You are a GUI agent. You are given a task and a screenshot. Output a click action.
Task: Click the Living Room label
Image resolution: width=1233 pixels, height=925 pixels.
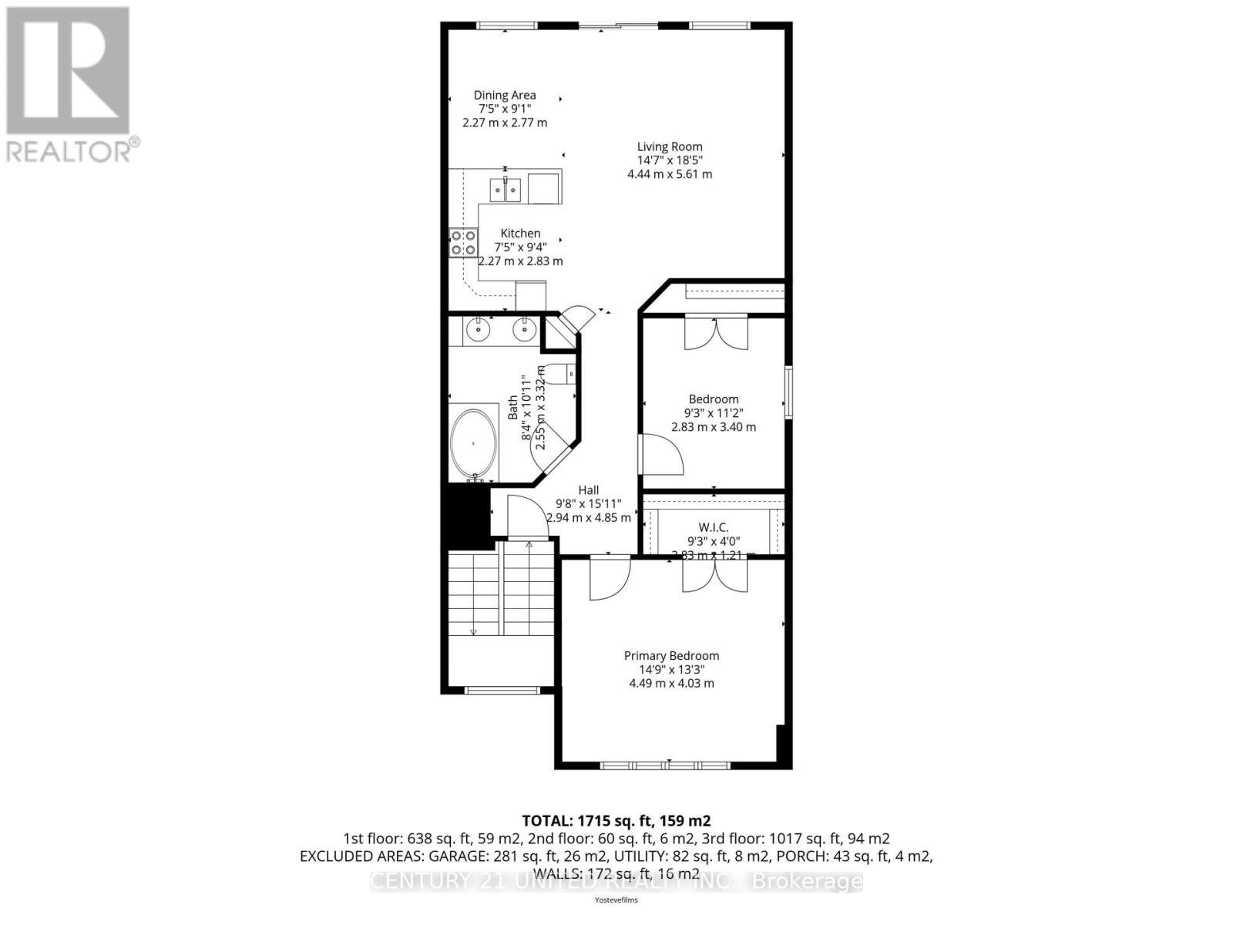click(x=669, y=146)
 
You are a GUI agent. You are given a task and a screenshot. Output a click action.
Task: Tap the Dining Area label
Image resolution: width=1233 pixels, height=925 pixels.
click(x=505, y=96)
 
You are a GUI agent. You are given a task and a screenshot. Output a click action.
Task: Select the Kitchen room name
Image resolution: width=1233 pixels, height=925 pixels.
click(x=520, y=233)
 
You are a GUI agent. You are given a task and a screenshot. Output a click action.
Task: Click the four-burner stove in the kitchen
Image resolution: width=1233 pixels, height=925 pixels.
click(x=463, y=243)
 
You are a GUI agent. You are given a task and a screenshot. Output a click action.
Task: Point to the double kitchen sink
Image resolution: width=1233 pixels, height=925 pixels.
click(x=506, y=190)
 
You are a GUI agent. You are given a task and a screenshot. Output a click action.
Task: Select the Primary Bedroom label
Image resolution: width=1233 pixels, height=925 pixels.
click(x=671, y=655)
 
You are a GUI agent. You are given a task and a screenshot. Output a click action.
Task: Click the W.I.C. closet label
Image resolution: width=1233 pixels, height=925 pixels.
click(x=713, y=527)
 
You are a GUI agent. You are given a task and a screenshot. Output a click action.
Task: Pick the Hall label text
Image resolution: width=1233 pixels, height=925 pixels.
click(x=588, y=489)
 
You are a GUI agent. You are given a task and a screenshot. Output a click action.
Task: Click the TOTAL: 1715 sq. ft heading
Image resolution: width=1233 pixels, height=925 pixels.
click(x=616, y=820)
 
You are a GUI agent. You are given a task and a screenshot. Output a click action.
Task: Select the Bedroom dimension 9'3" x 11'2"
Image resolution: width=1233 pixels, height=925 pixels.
click(x=714, y=413)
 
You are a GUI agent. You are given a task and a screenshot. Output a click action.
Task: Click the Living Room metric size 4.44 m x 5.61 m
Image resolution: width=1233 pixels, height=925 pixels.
click(x=669, y=174)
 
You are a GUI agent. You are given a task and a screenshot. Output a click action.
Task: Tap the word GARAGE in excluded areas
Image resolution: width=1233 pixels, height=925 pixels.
click(x=440, y=856)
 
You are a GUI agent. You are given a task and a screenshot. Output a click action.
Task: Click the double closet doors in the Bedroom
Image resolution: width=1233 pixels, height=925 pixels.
click(x=716, y=333)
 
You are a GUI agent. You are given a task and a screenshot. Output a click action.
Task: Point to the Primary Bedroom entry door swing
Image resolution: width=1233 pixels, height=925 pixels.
click(x=610, y=578)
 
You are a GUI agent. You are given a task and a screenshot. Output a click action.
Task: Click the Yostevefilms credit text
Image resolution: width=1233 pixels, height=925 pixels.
click(x=616, y=900)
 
